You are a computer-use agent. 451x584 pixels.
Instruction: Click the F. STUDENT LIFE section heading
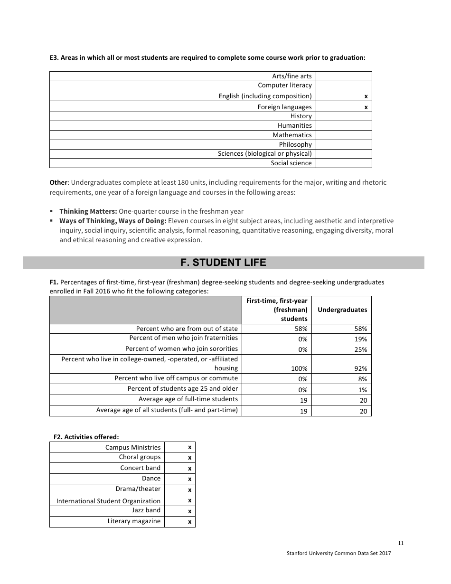223,263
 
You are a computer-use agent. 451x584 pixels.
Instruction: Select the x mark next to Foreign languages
366,107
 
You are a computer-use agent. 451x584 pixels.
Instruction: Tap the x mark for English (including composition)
366,96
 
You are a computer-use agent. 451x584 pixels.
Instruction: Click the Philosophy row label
295,144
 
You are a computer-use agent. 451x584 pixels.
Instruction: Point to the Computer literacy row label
285,85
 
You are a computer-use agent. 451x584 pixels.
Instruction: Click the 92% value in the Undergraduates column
361,368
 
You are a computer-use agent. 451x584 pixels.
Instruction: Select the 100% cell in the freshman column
300,368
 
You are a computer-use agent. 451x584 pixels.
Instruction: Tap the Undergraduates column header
342,310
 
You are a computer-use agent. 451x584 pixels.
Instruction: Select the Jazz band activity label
146,510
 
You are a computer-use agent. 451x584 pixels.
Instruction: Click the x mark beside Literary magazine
189,522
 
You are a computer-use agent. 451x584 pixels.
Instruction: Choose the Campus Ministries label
133,447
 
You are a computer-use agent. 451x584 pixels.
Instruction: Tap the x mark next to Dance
189,479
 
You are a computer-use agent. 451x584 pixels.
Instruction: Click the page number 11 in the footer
401,544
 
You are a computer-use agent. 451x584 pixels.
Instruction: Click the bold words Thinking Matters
88,211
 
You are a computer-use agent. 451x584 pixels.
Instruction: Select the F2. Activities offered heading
86,437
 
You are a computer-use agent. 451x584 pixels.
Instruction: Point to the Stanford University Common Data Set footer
338,554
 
